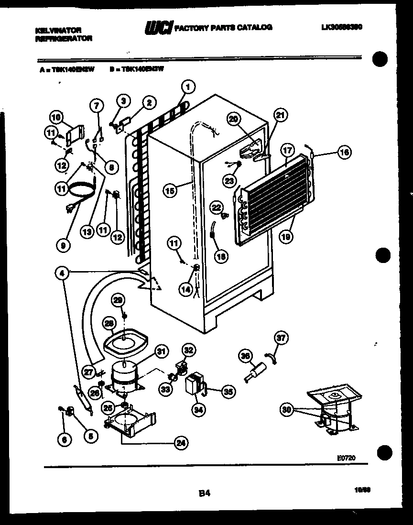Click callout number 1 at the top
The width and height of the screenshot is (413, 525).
tap(188, 87)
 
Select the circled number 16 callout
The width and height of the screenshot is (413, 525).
tap(344, 153)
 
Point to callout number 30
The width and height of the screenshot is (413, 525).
tap(286, 409)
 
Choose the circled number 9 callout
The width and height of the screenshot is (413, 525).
tap(63, 245)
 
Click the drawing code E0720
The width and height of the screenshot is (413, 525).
tap(346, 458)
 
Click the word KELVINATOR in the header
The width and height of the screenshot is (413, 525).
tap(54, 30)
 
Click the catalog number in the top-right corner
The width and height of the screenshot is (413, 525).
tap(341, 28)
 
